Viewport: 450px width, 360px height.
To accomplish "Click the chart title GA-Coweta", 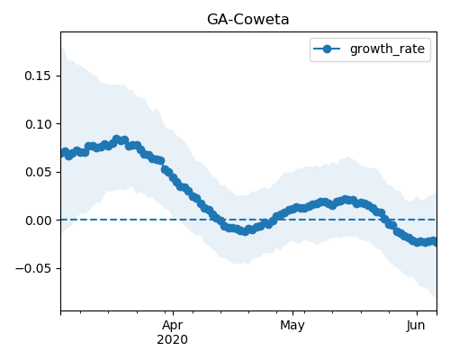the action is (x=247, y=20).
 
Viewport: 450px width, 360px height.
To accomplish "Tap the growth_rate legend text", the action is (x=387, y=49).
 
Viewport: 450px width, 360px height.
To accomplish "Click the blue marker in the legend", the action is (x=327, y=49).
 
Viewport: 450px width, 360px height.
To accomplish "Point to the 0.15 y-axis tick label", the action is (x=38, y=76).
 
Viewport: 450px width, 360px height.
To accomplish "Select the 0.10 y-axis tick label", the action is (x=39, y=124).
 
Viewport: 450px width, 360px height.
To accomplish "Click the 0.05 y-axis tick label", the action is (x=39, y=172).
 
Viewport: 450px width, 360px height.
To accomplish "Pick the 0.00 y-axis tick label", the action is (x=39, y=220).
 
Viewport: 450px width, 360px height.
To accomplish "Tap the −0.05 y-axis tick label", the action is (x=33, y=268).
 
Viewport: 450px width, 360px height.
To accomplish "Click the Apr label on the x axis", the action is (x=173, y=325).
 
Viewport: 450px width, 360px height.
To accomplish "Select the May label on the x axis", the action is (x=292, y=325).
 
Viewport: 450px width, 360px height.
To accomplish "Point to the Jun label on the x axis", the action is (x=416, y=325).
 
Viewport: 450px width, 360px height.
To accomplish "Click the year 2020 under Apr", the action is (x=172, y=339).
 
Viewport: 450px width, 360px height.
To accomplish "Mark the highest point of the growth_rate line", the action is (x=117, y=139).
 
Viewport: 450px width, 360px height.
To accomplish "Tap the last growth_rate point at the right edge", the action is (x=434, y=241).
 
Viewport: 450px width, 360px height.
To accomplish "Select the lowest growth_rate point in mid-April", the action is (x=245, y=231).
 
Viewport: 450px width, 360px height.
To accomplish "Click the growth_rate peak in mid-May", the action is (x=346, y=200).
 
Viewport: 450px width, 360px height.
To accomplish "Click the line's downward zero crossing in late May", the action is (x=385, y=220).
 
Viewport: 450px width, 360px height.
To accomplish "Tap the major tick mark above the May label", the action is (x=292, y=313).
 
